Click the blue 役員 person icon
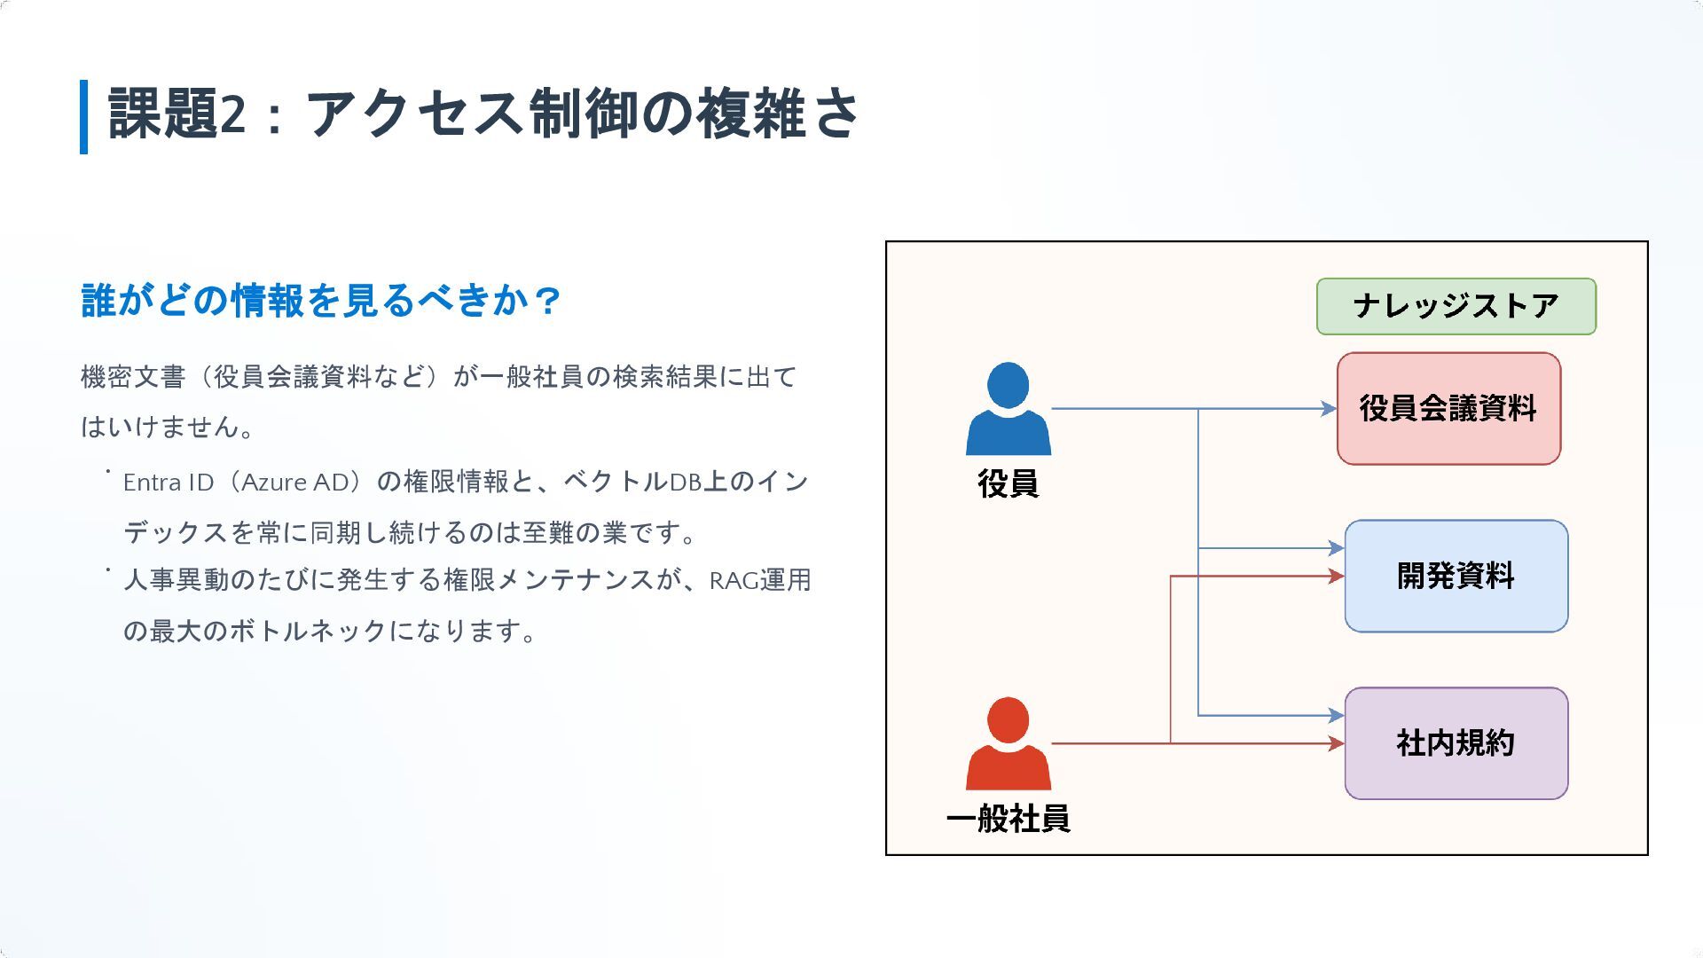pos(1008,409)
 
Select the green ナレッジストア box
pos(1456,306)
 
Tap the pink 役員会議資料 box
pos(1448,408)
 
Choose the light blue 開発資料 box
pos(1456,576)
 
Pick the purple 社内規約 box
pos(1456,743)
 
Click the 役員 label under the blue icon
pos(1008,483)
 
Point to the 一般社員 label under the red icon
pos(1008,818)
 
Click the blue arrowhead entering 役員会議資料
pos(1329,409)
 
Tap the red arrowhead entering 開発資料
pos(1336,577)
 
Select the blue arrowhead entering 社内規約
pos(1336,715)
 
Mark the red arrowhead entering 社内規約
pos(1336,743)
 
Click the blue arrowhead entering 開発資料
pos(1336,548)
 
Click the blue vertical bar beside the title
pos(84,116)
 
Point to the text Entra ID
pos(169,483)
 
